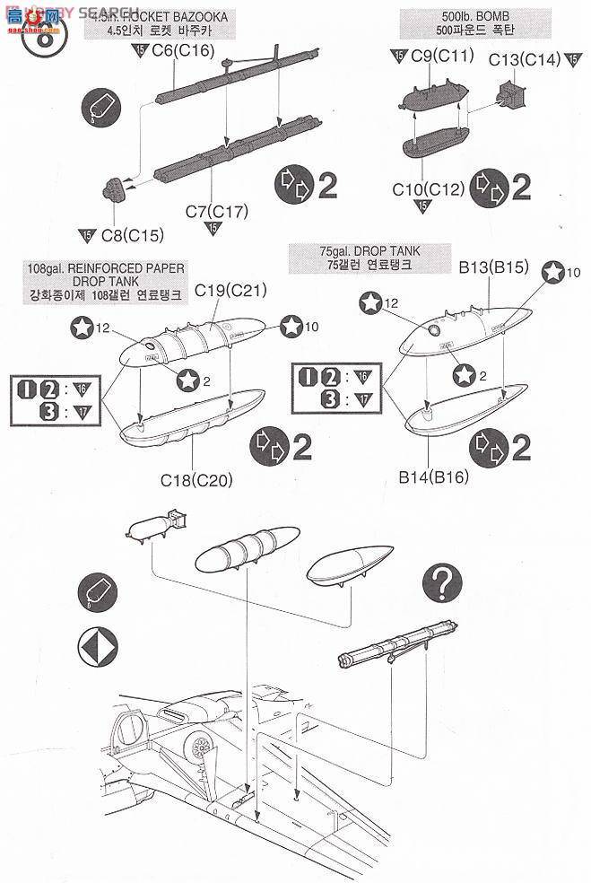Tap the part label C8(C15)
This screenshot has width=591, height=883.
[x=131, y=236]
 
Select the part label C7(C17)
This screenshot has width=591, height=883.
[x=216, y=212]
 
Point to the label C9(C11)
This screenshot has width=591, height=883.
[x=442, y=57]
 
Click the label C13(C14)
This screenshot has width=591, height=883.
[x=525, y=59]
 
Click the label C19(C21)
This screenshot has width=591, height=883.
[x=231, y=290]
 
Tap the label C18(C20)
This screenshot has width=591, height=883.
[x=197, y=480]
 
